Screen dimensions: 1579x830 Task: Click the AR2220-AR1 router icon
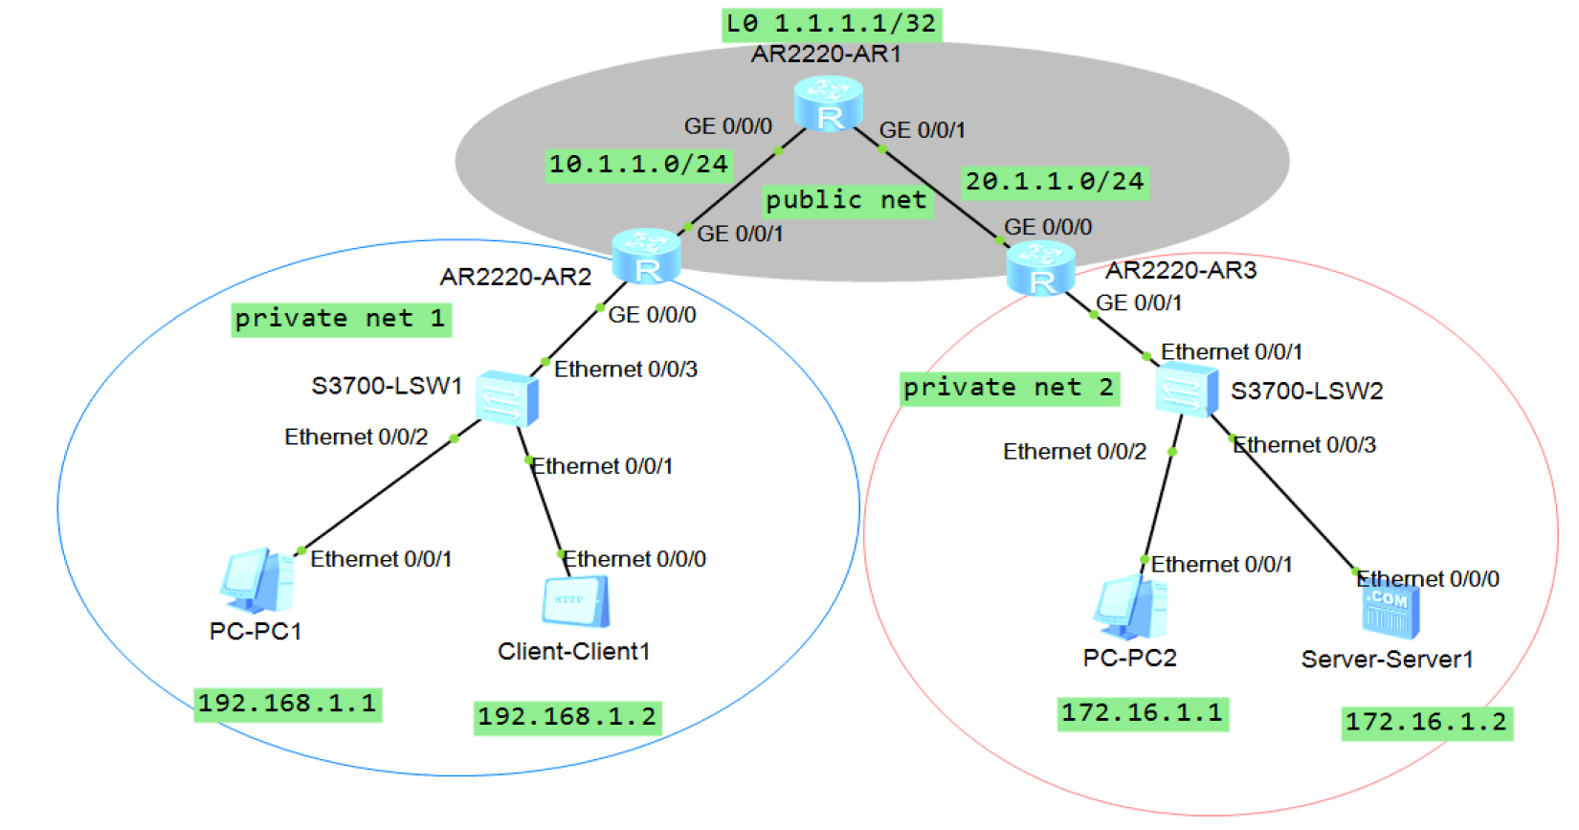pos(829,104)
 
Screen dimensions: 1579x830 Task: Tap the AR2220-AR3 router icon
pos(1040,269)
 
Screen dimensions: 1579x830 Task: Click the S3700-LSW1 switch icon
pos(507,397)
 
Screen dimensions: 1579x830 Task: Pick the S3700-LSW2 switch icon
pos(1187,390)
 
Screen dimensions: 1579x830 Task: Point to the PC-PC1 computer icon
pos(257,580)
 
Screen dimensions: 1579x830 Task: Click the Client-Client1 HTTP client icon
pos(575,601)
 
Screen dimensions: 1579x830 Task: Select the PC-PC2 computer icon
pos(1130,606)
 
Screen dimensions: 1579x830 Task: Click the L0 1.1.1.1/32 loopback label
pos(832,25)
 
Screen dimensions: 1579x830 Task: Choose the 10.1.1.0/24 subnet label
pos(639,166)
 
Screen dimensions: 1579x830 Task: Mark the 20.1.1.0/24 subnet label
pos(1056,183)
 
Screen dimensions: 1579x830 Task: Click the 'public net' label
pos(847,201)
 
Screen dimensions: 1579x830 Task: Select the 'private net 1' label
pos(342,320)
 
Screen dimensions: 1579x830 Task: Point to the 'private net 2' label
pos(1011,389)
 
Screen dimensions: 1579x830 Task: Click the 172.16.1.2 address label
pos(1427,724)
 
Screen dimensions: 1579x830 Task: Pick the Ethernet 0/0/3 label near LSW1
pos(626,370)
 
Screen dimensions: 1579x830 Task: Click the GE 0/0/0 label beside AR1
pos(728,126)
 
